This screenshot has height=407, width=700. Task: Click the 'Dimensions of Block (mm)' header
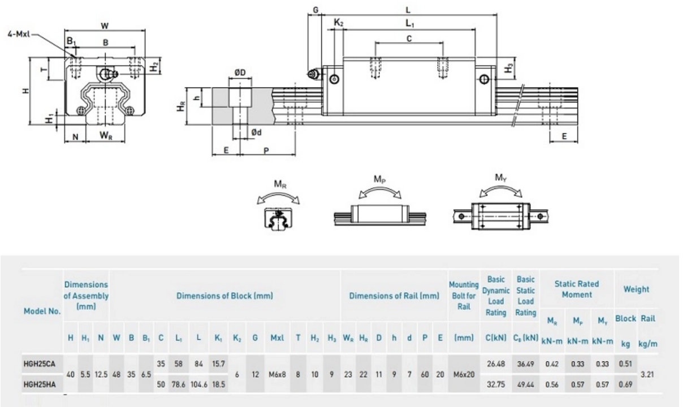pyautogui.click(x=225, y=296)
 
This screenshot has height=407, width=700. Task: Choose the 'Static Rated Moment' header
pyautogui.click(x=576, y=289)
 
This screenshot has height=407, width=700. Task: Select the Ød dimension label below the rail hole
pyautogui.click(x=256, y=133)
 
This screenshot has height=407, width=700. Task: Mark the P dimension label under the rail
pyautogui.click(x=266, y=150)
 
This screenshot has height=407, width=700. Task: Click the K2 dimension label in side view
pyautogui.click(x=339, y=23)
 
